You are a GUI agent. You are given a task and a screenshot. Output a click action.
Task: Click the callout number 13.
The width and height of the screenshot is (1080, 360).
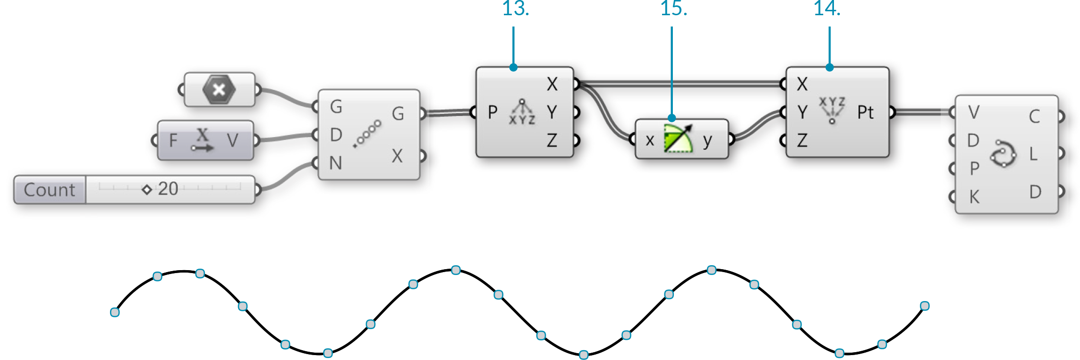[x=516, y=8]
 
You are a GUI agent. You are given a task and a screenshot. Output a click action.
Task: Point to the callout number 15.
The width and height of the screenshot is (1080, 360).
[x=673, y=8]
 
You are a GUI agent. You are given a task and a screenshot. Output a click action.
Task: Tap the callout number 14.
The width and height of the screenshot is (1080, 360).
[x=827, y=8]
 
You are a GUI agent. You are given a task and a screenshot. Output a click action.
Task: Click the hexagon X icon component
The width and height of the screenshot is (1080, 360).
[x=219, y=90]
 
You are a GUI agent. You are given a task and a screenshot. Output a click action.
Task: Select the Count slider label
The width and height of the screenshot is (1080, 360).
[x=50, y=190]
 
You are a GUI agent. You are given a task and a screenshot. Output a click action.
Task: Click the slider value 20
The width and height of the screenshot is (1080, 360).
[x=167, y=189]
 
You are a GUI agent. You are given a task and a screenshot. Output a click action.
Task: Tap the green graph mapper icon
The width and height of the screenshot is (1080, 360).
[x=678, y=139]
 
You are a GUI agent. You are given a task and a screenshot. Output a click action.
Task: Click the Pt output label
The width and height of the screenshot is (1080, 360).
[x=865, y=112]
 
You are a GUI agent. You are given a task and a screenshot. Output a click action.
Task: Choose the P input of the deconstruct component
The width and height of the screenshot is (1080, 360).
[x=493, y=112]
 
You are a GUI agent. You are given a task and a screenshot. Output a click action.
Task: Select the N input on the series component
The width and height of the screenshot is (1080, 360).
[x=336, y=163]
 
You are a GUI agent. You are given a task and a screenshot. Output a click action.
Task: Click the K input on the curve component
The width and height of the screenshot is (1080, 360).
[x=974, y=197]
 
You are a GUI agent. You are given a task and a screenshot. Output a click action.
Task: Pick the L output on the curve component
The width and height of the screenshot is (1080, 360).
[x=1034, y=154]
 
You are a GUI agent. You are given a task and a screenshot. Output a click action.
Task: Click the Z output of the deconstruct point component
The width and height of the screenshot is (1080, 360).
[x=552, y=140]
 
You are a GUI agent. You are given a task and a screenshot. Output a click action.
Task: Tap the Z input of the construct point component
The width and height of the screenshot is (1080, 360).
[x=802, y=140]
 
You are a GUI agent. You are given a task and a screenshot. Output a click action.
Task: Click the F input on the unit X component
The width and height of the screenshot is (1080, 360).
[x=173, y=141]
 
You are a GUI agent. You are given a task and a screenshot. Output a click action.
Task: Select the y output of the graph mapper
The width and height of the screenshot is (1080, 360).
[x=707, y=140]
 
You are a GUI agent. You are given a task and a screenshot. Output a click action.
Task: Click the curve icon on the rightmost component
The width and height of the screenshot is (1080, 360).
[x=1003, y=154]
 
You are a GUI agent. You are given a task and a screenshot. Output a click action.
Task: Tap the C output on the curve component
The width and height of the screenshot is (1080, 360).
[x=1034, y=116]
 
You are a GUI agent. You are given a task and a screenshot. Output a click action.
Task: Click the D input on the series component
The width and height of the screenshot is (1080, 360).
[x=336, y=135]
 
